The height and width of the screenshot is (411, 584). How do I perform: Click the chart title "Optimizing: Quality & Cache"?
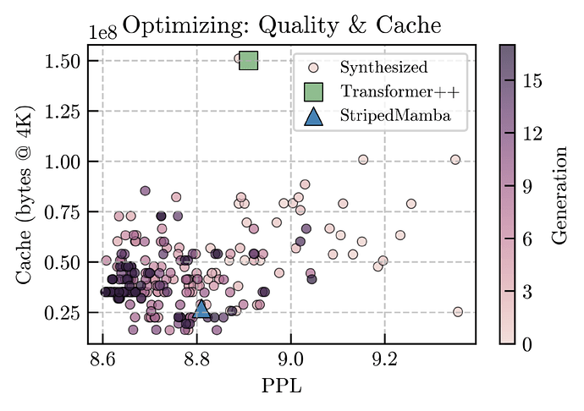(282, 25)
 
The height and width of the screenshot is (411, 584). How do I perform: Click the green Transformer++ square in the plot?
(248, 60)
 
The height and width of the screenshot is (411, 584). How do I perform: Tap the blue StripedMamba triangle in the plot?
(201, 310)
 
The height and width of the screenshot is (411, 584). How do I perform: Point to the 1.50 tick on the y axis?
(65, 61)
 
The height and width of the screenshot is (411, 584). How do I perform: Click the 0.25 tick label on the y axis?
(65, 312)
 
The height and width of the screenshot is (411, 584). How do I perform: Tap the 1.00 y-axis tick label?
(65, 162)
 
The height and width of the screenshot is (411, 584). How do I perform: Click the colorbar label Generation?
(559, 194)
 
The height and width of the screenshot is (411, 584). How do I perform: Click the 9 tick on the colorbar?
(531, 186)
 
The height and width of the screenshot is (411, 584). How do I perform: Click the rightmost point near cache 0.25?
(458, 312)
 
